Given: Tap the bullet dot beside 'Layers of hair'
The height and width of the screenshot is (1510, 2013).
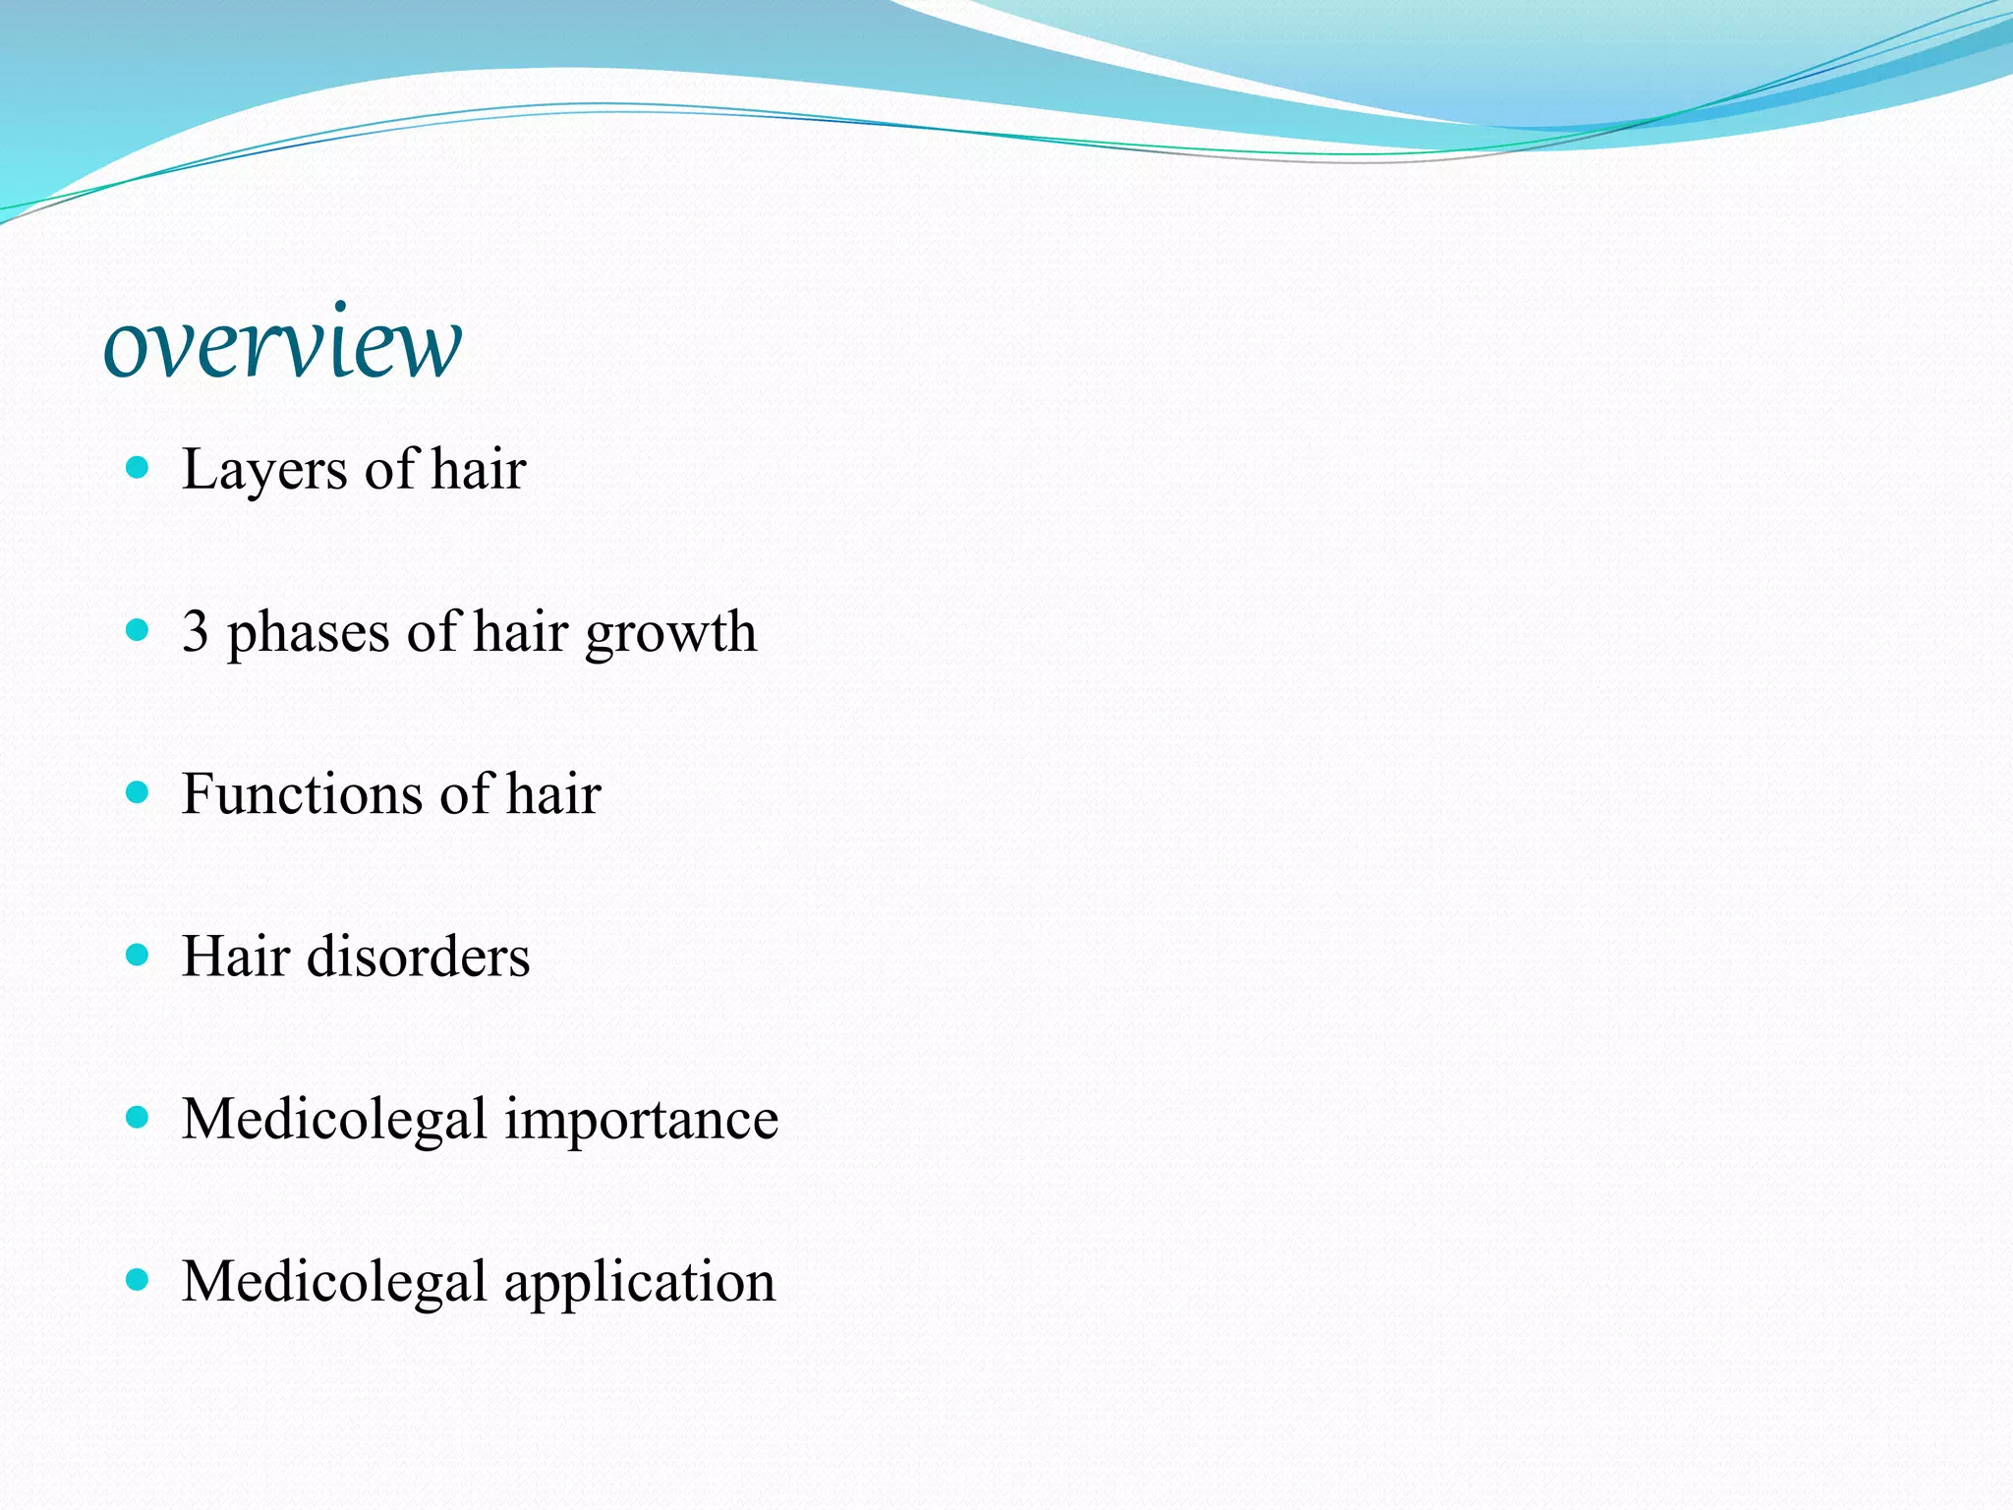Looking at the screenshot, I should click(138, 466).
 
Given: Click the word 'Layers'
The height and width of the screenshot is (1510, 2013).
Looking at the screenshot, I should click(264, 470).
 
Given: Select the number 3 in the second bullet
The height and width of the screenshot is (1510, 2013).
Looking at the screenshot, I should click(196, 631).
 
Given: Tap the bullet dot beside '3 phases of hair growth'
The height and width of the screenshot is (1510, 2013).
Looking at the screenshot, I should click(138, 629).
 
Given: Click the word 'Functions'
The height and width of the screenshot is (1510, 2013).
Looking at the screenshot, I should click(304, 794).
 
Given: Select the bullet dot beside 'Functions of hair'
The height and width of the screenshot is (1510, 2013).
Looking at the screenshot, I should click(138, 792).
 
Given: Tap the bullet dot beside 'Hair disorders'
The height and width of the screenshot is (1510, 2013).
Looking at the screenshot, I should click(138, 955).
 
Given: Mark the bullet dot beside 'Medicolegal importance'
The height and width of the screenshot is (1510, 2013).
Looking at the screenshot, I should click(138, 1117).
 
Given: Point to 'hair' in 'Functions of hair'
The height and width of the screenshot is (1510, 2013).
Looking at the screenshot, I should click(553, 794).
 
